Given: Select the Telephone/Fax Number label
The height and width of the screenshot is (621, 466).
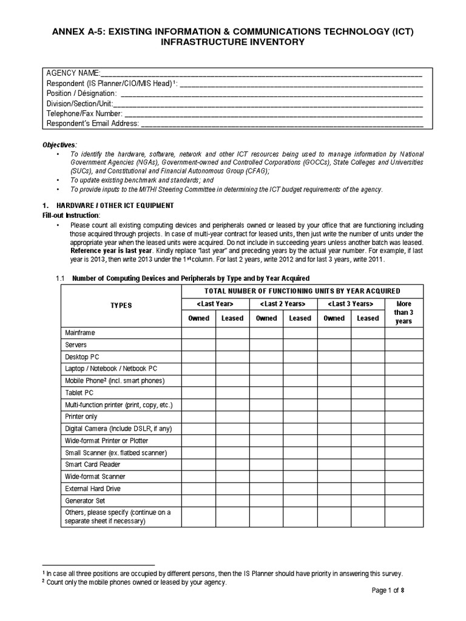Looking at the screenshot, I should (84, 113).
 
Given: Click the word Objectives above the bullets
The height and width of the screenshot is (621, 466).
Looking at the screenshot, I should (59, 145).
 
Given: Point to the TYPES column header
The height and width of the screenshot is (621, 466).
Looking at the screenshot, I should (121, 305).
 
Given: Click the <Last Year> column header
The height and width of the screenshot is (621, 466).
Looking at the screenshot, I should (215, 304).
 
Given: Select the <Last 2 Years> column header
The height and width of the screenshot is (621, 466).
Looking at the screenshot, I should (283, 304).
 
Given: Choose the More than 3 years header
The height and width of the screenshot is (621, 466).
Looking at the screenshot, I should (403, 312).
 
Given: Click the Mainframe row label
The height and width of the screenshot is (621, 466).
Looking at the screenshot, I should (80, 333).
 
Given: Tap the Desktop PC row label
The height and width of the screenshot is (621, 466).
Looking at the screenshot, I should (77, 357).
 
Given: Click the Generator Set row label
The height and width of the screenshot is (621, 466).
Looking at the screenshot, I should (85, 501).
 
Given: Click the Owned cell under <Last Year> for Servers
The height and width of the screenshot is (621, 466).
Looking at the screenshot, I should (198, 344).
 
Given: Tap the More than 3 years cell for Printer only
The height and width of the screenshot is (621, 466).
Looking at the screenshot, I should (403, 417).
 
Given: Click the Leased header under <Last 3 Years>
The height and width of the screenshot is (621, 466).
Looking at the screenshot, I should (368, 318).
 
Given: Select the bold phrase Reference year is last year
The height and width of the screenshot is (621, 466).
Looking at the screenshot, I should (111, 250).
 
